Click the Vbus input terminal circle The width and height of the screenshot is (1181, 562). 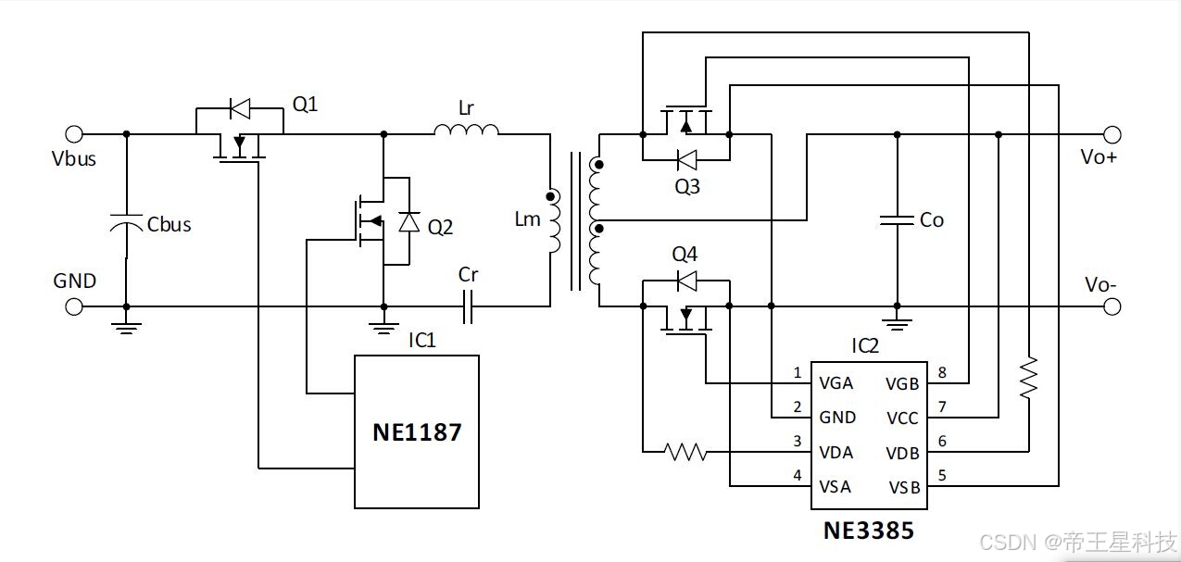74,134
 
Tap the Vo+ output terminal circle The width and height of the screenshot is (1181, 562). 1112,134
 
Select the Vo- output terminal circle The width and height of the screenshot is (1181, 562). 1112,306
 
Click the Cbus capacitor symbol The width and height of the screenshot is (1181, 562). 126,223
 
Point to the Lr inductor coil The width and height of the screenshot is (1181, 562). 466,130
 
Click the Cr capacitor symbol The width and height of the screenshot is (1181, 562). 468,306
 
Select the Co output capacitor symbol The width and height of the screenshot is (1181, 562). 897,220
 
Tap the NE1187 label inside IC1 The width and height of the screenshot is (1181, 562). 417,432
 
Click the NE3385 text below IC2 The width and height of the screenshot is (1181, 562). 869,531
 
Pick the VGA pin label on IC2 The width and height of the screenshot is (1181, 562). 836,383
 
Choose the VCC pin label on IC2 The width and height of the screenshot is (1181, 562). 902,418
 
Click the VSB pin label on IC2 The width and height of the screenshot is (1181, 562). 904,487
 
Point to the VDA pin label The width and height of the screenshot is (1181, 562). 836,453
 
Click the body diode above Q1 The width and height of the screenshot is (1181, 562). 241,108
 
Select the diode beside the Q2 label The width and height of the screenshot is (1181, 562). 409,221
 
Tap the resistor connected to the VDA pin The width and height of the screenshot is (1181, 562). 685,452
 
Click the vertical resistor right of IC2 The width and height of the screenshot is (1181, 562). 1029,378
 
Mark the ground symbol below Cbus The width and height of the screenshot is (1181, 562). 126,329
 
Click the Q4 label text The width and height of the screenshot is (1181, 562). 685,254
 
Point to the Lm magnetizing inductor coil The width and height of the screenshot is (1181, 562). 553,221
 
